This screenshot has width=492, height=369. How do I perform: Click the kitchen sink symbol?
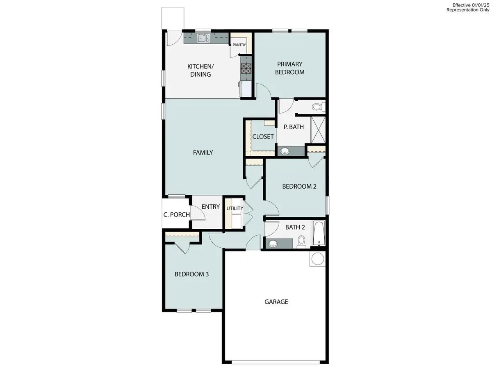(203, 39)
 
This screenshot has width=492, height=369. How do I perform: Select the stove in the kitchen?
(246, 68)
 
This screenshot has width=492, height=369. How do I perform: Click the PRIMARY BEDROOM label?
(290, 68)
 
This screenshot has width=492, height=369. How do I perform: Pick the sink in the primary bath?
(285, 151)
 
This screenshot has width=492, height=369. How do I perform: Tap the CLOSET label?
(263, 137)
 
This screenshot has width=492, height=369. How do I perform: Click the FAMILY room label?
(203, 153)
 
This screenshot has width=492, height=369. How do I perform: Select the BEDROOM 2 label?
(299, 186)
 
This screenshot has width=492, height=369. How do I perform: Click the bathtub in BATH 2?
(319, 233)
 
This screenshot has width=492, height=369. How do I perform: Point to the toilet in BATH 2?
(302, 242)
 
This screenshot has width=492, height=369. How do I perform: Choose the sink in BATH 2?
(273, 244)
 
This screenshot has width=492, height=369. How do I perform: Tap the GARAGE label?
(276, 302)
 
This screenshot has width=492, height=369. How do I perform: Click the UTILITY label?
(235, 208)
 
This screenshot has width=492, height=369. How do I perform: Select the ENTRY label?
(211, 207)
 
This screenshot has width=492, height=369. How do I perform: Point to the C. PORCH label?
(176, 214)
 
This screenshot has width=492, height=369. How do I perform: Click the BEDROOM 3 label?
(192, 274)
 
